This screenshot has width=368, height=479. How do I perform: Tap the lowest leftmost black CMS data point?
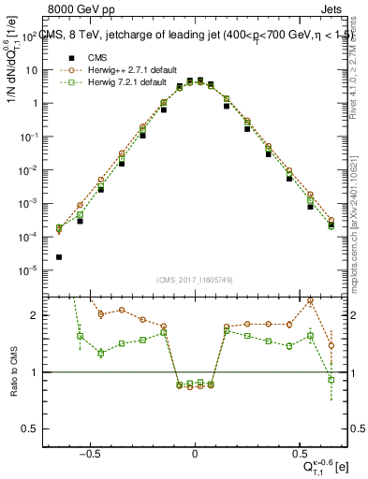click(x=59, y=257)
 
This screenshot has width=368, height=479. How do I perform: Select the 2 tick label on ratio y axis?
click(x=43, y=315)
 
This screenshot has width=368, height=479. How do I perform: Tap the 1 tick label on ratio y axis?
click(x=43, y=372)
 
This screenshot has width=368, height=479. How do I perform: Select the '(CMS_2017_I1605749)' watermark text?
click(x=195, y=281)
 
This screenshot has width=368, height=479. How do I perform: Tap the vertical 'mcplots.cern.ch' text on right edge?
click(x=361, y=234)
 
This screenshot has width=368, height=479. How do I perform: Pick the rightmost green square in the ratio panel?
click(x=331, y=379)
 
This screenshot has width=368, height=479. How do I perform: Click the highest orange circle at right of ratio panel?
click(x=310, y=301)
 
